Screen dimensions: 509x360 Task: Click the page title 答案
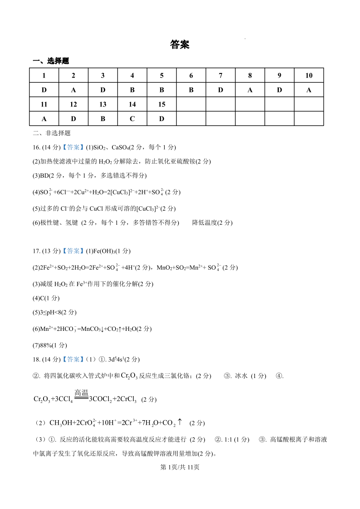(180, 44)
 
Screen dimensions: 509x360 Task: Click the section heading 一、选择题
(51, 61)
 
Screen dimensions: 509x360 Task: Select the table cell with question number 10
(309, 75)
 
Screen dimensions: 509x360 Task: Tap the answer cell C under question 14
(132, 118)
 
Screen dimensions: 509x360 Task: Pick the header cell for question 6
(191, 75)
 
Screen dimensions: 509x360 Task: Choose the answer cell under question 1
(44, 90)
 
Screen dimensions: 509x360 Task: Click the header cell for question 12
(73, 104)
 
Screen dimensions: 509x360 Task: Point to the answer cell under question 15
(161, 118)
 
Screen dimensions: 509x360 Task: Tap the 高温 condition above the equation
(81, 393)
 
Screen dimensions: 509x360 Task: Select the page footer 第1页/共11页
(180, 468)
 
